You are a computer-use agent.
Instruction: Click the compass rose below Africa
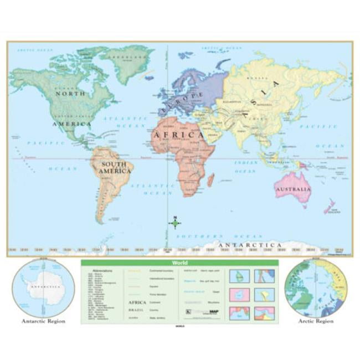174,223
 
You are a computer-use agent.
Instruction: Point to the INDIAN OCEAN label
246,167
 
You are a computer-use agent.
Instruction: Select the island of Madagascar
210,180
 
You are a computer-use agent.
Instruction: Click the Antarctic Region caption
43,321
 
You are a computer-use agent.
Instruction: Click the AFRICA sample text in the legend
137,302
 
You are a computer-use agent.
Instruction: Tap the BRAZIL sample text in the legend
137,310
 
